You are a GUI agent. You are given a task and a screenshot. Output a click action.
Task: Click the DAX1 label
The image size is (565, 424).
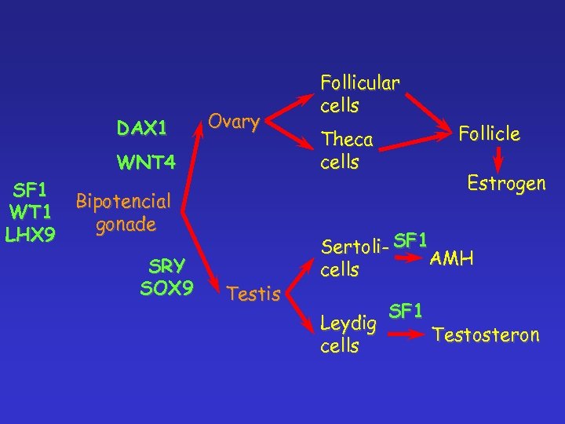click(x=142, y=127)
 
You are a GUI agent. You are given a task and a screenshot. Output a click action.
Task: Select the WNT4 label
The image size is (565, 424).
click(x=145, y=163)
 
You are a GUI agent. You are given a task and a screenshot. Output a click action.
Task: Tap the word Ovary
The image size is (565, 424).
click(x=234, y=122)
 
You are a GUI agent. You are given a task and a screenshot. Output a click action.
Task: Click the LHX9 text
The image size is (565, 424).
click(x=29, y=233)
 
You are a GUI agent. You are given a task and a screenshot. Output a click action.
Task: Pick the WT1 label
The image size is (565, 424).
click(x=29, y=212)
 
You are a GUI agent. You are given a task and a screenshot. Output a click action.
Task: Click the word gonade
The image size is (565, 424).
click(x=125, y=225)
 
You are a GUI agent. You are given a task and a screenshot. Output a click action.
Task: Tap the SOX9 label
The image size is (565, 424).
click(x=166, y=288)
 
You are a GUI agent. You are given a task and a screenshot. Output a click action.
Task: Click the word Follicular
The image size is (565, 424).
click(x=359, y=83)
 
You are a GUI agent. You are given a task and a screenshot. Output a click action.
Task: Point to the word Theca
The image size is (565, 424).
click(x=348, y=140)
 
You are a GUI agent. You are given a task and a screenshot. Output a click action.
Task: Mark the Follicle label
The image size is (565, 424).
click(x=490, y=133)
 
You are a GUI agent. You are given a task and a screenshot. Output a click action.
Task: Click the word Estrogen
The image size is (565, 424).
click(x=505, y=184)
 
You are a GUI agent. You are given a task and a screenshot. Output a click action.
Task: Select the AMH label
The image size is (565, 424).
click(x=450, y=258)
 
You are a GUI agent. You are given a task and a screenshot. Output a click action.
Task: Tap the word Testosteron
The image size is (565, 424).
click(x=487, y=335)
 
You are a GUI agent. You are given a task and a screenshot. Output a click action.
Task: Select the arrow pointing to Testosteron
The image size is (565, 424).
click(x=407, y=334)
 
